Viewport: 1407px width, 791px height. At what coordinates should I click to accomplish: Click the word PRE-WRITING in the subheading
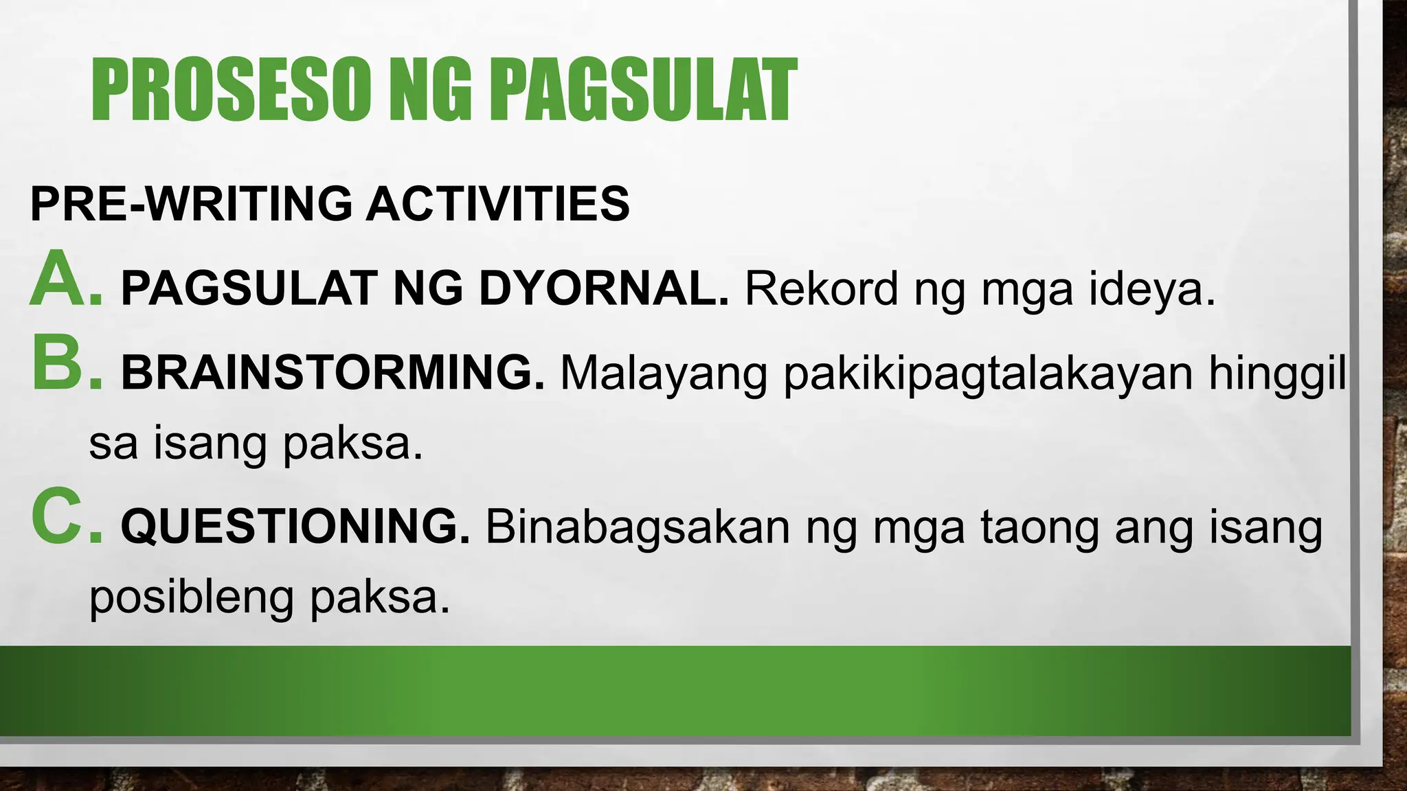click(x=190, y=204)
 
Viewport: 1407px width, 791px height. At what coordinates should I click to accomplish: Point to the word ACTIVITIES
click(x=497, y=204)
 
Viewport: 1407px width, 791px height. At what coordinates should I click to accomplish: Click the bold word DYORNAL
click(x=603, y=288)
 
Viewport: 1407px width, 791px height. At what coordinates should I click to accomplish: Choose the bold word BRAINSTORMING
click(x=333, y=373)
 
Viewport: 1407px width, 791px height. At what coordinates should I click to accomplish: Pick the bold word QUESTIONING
click(x=295, y=527)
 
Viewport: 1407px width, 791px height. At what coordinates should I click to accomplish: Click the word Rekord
click(x=822, y=288)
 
